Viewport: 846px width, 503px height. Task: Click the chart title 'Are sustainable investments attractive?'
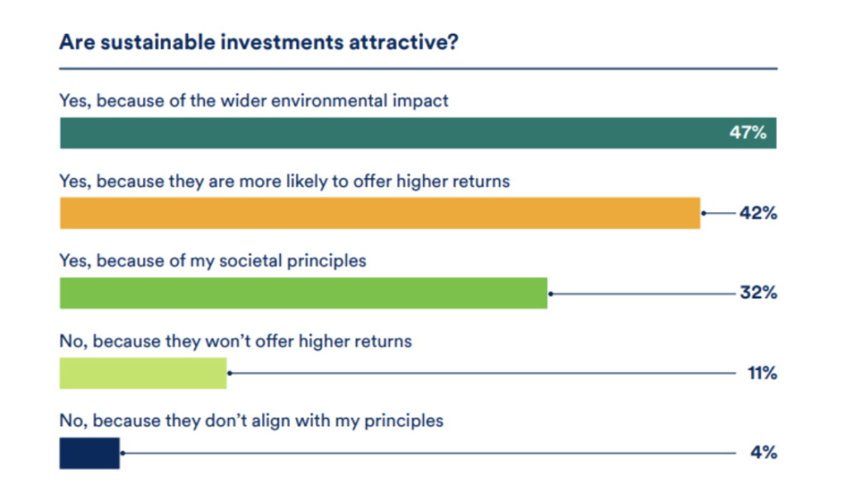pyautogui.click(x=259, y=42)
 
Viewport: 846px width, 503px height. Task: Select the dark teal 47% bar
pyautogui.click(x=418, y=133)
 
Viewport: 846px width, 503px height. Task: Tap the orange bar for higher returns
pyautogui.click(x=380, y=213)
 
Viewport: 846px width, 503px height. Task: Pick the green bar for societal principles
pyautogui.click(x=303, y=292)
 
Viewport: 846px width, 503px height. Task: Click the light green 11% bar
pyautogui.click(x=143, y=373)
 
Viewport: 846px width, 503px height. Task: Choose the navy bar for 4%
pyautogui.click(x=89, y=453)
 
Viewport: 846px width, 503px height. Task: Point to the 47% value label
pyautogui.click(x=748, y=133)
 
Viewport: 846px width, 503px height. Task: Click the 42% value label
pyautogui.click(x=758, y=213)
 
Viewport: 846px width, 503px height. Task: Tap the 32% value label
pyautogui.click(x=758, y=292)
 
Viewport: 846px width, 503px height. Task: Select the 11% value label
pyautogui.click(x=762, y=373)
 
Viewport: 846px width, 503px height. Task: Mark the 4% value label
pyautogui.click(x=763, y=453)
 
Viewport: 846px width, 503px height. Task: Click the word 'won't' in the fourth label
pyautogui.click(x=226, y=341)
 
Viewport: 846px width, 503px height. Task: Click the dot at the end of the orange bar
pyautogui.click(x=704, y=213)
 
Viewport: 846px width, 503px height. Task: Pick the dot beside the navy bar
pyautogui.click(x=123, y=453)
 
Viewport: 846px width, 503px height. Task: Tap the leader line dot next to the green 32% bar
pyautogui.click(x=551, y=294)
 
